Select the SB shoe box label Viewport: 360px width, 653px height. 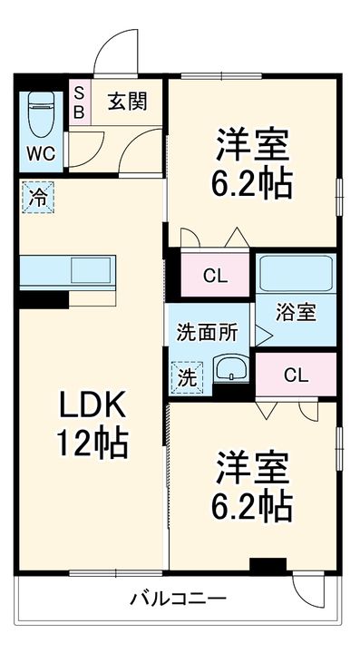point(79,102)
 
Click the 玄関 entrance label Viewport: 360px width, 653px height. point(127,102)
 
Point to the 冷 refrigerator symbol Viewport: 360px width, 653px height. point(37,196)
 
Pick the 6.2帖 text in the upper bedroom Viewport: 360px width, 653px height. point(253,184)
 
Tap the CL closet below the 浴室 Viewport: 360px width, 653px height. point(295,375)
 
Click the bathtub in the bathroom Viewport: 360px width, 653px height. point(295,273)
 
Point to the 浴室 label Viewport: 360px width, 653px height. point(297,313)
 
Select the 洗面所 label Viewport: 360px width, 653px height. point(208,332)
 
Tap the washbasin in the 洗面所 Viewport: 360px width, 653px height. point(232,371)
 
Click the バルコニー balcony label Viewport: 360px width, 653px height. point(178,599)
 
